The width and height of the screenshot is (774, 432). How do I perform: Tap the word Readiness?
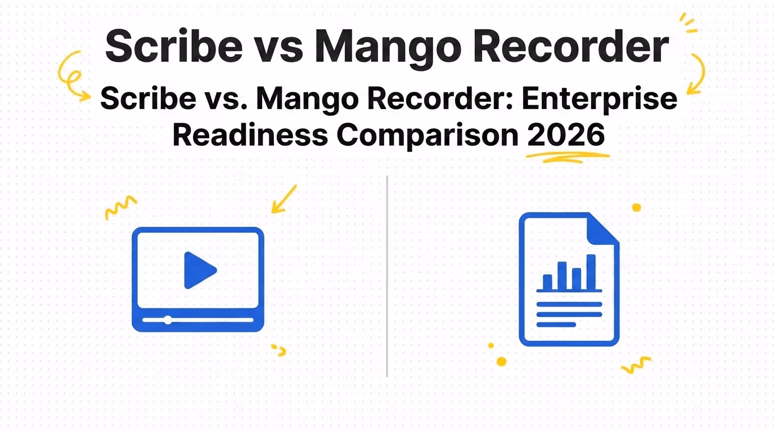[250, 135]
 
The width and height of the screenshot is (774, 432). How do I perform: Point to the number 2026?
[566, 135]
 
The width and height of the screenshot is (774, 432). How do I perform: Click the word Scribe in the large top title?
[174, 46]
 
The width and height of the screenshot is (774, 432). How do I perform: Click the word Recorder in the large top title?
[571, 46]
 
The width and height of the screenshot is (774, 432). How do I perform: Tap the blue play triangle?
[200, 270]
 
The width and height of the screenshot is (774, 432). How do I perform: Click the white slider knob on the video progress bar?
[168, 320]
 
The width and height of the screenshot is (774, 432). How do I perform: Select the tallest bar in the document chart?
[591, 272]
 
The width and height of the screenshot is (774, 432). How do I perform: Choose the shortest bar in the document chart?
[547, 282]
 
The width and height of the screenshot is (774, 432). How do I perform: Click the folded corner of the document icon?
[602, 229]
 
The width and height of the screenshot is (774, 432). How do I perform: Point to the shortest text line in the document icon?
[556, 325]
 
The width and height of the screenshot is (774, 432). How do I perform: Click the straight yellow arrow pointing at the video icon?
[284, 199]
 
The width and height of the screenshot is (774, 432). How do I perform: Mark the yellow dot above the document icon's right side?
[637, 208]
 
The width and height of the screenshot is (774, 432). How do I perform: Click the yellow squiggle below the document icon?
[636, 365]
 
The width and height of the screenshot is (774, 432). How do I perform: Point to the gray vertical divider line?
[387, 277]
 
